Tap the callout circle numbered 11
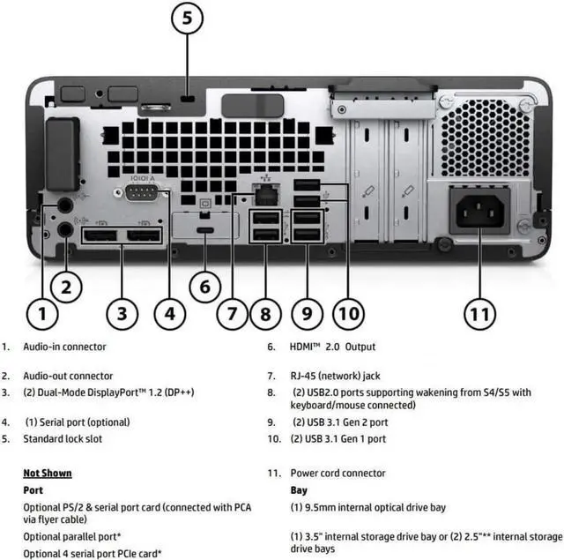(x=479, y=312)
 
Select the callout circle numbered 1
(x=41, y=312)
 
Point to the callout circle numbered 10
(x=349, y=312)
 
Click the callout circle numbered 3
(x=122, y=312)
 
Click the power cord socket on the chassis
(x=481, y=211)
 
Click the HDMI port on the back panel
(x=204, y=231)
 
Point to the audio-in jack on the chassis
(x=63, y=205)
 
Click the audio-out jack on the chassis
(x=63, y=229)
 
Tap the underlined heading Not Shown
(x=48, y=473)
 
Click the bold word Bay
(x=299, y=489)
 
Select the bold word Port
(x=33, y=489)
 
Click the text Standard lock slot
(x=63, y=438)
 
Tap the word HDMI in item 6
(x=305, y=347)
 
